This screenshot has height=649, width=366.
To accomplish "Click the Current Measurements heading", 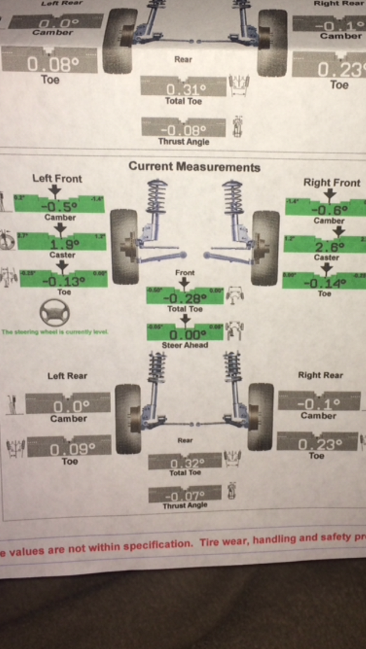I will (194, 167).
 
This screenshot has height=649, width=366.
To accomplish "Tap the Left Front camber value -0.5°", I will (59, 205).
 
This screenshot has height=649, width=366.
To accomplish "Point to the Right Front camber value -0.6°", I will (329, 209).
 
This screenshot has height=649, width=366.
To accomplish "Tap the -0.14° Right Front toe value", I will (324, 283).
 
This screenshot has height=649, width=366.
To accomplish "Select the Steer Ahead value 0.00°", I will (185, 334).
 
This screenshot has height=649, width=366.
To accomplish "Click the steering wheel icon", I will (55, 312).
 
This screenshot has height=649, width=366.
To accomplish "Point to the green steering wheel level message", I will (55, 331).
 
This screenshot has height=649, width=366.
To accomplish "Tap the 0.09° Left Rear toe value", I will (72, 448).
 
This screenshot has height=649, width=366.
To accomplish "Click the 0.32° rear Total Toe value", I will (185, 463).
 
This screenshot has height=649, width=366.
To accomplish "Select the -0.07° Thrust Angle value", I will (185, 495).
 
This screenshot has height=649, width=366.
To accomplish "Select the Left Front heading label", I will (57, 179).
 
